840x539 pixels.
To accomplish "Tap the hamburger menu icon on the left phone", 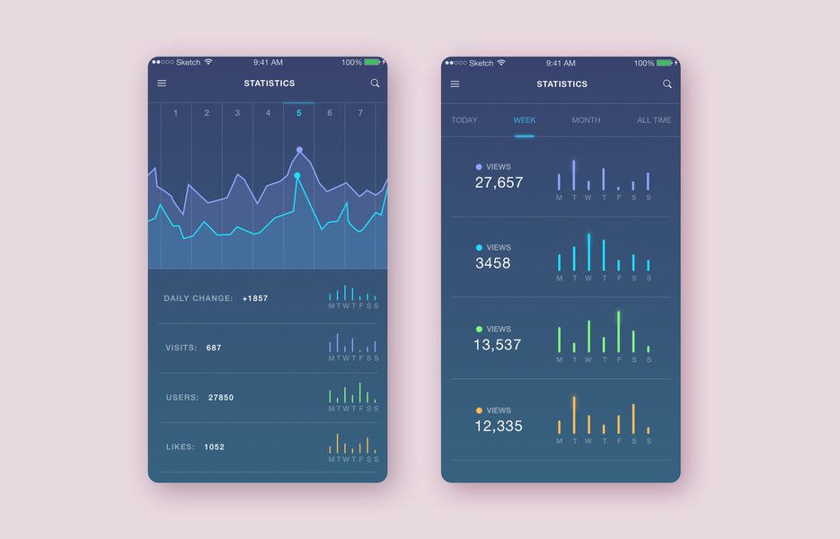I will tap(162, 84).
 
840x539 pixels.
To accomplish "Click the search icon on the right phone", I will tap(667, 84).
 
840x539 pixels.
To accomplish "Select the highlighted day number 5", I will tap(299, 113).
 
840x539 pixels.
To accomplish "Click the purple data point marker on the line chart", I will tap(299, 150).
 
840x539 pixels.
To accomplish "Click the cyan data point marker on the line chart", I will tap(297, 176).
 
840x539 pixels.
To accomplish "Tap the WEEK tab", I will tap(525, 120).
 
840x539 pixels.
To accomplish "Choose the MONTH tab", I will tap(586, 120).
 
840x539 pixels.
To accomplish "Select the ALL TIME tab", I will tap(654, 120).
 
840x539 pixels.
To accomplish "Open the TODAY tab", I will tap(464, 120).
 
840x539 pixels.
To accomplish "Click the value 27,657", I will tap(499, 182).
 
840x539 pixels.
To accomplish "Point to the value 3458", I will tap(493, 263).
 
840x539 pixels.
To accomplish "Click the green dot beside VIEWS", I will tap(479, 330).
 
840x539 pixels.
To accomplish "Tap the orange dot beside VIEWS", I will tap(479, 411).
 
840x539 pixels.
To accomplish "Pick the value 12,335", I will tap(499, 426).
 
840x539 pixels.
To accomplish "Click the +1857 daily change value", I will tap(255, 298).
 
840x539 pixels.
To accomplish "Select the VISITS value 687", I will tap(214, 348).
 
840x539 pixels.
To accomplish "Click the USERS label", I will tap(182, 397).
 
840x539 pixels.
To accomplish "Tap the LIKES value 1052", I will tap(214, 446).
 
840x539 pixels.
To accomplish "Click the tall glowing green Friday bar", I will tap(618, 331).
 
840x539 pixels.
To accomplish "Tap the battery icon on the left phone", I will tap(372, 62).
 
